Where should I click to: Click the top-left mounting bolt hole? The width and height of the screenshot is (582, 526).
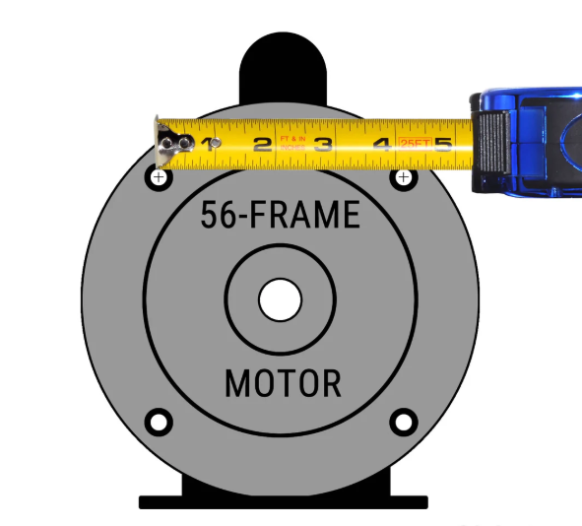tap(158, 177)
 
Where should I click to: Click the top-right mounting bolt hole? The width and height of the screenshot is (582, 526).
tap(403, 177)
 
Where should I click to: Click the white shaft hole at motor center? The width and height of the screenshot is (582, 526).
tap(280, 299)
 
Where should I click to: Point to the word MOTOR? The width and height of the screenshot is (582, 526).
tap(283, 383)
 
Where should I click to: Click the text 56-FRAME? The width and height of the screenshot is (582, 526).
tap(281, 215)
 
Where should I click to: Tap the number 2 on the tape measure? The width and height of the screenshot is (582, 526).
tap(262, 146)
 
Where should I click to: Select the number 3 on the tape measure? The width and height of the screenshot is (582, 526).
tap(322, 146)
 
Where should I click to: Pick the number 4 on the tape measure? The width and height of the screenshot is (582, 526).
tap(382, 146)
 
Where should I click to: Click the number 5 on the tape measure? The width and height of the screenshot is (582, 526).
tap(443, 146)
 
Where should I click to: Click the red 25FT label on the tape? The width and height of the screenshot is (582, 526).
tap(414, 144)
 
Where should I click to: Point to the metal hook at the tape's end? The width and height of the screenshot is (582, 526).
tap(167, 144)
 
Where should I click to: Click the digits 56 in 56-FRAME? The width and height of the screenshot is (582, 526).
tap(218, 215)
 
